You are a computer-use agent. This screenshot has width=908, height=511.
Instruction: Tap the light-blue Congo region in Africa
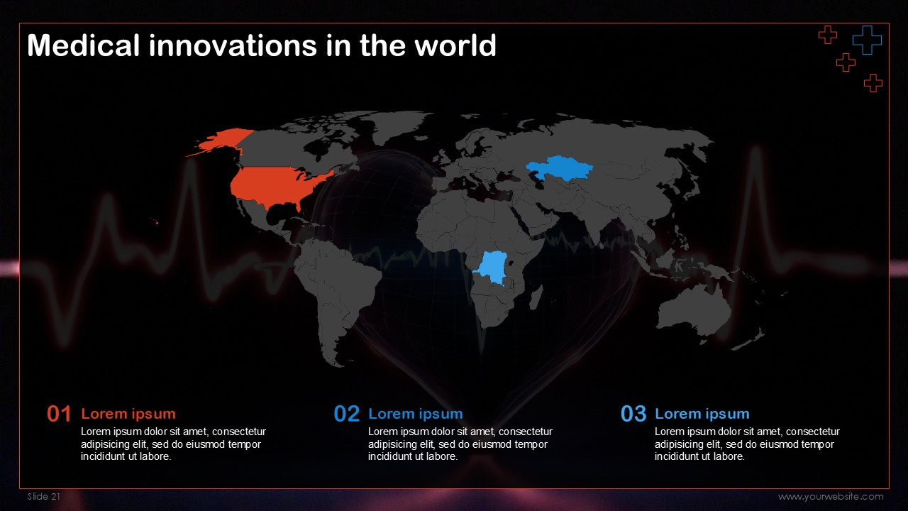pos(492,268)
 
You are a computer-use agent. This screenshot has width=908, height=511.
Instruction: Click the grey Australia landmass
pos(693,312)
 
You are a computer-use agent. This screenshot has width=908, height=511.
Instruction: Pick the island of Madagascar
pos(536,297)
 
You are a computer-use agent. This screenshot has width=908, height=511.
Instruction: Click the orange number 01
pos(59,414)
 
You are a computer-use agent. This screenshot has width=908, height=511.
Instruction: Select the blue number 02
pos(347,414)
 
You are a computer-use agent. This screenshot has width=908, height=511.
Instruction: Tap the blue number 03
pos(633,414)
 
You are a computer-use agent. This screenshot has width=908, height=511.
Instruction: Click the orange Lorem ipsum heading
pos(128,414)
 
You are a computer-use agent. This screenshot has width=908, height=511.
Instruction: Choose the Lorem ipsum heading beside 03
pos(702,414)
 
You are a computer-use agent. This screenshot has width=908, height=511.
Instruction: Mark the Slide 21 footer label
pos(44,496)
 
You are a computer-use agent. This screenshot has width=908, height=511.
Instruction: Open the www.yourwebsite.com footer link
pos(831,497)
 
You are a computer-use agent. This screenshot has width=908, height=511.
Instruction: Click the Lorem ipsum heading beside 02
pos(416,414)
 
